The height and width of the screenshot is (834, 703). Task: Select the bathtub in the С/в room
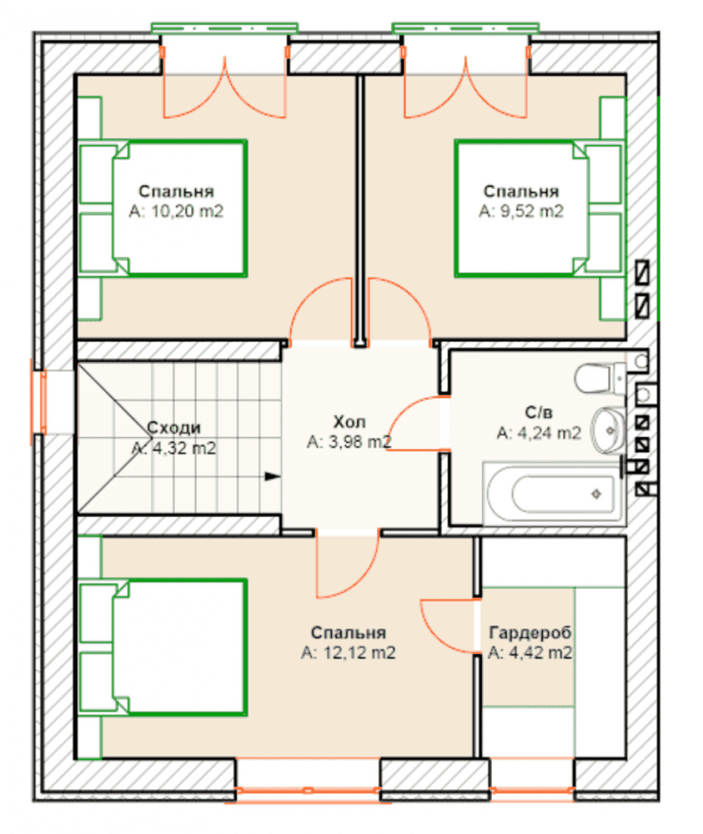click(554, 494)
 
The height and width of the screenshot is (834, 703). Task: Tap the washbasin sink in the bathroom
click(609, 430)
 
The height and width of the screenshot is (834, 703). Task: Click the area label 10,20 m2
click(176, 212)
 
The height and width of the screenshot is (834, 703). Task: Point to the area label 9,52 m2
click(521, 212)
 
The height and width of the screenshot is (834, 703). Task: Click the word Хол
click(349, 422)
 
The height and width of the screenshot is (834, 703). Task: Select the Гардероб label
click(529, 632)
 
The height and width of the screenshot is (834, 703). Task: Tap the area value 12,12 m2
click(348, 653)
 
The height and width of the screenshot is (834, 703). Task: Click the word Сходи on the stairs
click(174, 428)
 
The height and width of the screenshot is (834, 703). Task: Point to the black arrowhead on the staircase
click(273, 476)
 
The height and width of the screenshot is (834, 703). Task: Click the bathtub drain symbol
click(596, 494)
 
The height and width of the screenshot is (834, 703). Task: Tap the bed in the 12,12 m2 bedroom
click(163, 648)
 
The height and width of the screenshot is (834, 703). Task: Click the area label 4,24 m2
click(538, 433)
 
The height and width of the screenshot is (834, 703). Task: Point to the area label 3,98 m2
click(349, 442)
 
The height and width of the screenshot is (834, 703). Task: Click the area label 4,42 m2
click(530, 653)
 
